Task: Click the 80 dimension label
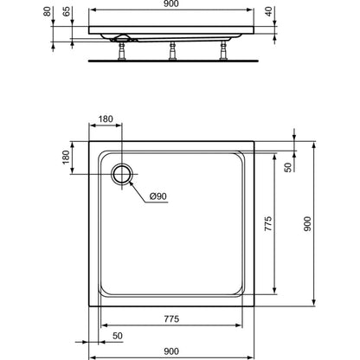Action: coord(48,11)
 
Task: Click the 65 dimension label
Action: coord(67,11)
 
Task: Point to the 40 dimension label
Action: coord(269,11)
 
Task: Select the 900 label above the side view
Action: coord(171,3)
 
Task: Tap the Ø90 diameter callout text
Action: coord(158,196)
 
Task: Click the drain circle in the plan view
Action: coord(122,175)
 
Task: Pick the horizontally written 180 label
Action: coord(106,119)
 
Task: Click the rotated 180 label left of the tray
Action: coord(66,157)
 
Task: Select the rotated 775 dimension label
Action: coord(268,223)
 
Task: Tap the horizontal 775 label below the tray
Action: coord(171,318)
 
